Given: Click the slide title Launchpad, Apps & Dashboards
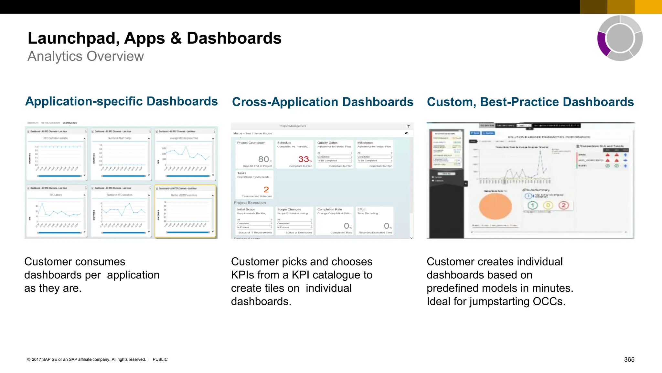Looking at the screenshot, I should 155,38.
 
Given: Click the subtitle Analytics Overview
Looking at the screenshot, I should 86,56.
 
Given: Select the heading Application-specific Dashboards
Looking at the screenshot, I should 122,101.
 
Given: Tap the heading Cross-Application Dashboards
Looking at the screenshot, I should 323,102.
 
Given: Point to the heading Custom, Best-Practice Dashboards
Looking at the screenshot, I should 530,102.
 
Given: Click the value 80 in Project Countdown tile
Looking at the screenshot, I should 263,159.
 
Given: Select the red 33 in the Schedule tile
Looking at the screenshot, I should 304,159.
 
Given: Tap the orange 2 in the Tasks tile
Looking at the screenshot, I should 266,189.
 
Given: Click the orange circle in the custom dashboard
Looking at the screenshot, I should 495,206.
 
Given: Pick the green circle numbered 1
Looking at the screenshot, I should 532,205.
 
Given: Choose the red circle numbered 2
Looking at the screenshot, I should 563,205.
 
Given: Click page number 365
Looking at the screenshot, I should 629,359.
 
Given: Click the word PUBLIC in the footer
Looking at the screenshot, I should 160,359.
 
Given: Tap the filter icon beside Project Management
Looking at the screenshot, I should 409,126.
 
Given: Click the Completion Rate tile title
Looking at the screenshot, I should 329,209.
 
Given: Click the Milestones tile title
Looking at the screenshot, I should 365,143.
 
